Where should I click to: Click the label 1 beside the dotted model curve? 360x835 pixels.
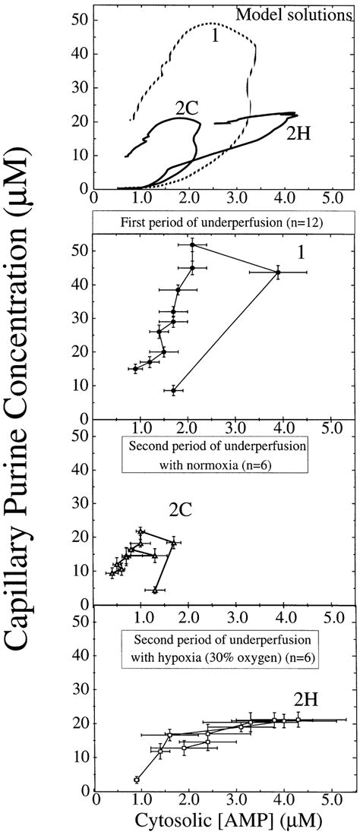click(x=216, y=35)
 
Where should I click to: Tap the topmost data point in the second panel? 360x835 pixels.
click(x=192, y=244)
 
